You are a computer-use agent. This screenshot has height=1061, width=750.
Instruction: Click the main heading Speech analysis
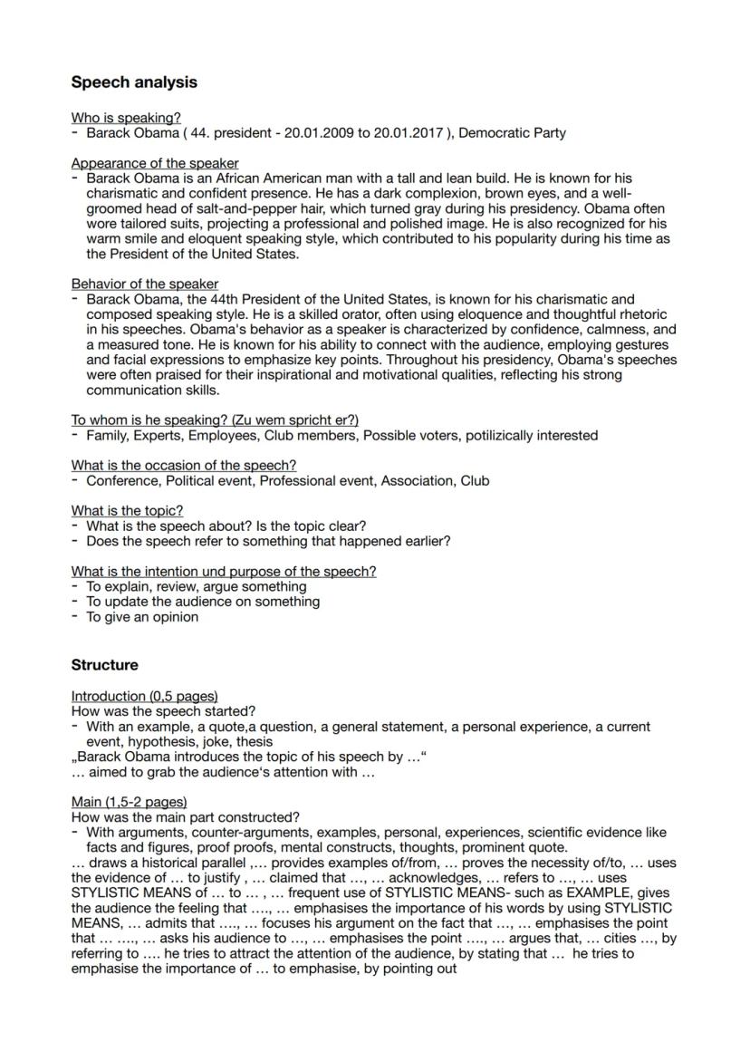tap(134, 82)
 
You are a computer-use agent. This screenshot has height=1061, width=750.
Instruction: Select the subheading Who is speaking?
tap(126, 118)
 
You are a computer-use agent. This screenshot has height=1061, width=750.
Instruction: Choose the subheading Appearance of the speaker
tap(155, 163)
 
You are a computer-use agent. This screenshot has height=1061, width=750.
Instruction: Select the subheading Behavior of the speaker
tap(145, 284)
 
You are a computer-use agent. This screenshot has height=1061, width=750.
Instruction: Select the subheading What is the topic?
tap(127, 510)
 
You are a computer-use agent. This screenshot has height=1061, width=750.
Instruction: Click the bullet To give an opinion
tap(142, 617)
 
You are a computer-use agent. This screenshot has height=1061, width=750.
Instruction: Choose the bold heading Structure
tap(105, 665)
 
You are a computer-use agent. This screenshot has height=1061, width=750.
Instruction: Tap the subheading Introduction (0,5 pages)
tap(145, 696)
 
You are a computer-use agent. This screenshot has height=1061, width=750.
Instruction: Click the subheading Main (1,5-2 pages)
tap(130, 802)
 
